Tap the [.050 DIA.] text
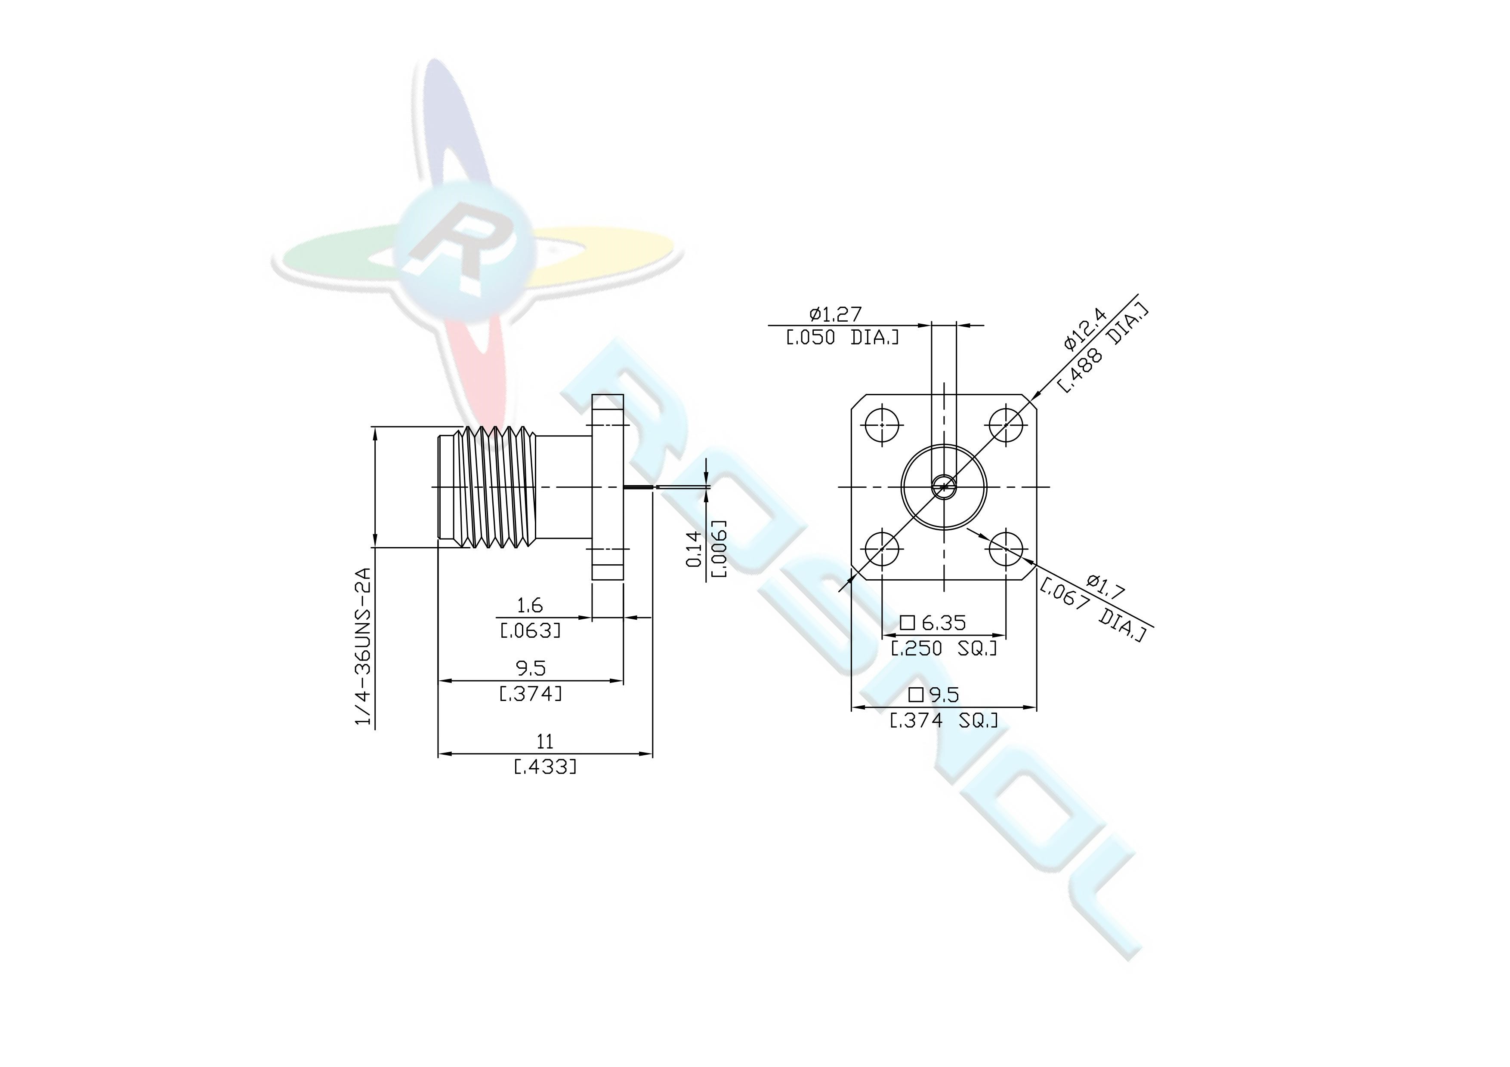tap(843, 338)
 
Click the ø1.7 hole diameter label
tap(1106, 587)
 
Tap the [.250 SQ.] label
tap(944, 648)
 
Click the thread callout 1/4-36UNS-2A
tap(363, 646)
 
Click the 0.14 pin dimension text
tap(693, 548)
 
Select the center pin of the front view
tap(944, 487)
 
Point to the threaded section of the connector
tap(500, 487)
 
